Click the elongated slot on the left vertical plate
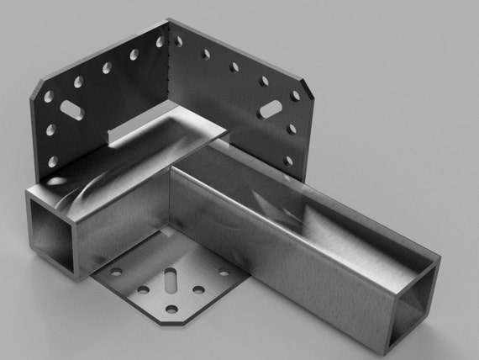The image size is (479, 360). pos(69,110)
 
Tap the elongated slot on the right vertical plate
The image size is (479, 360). pos(271,109)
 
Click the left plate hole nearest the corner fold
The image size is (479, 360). pos(160,40)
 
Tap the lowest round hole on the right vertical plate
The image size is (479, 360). pos(287,160)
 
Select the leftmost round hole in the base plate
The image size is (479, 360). pos(116,272)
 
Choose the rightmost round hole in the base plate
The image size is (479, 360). pos(224,271)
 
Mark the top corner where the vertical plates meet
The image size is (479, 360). pos(169,20)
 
